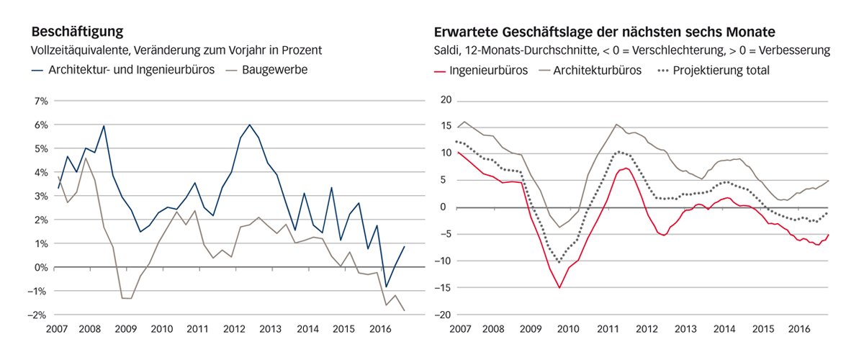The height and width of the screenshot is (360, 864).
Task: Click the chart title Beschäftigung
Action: coord(76,32)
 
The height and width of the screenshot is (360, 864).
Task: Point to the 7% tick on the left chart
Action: coord(40,101)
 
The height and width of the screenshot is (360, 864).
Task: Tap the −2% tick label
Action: coord(39,315)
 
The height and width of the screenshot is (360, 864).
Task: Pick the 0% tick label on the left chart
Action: coord(40,267)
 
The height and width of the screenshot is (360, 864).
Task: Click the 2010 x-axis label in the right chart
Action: coord(568,329)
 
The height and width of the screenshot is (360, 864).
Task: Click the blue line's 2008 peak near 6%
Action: coord(104,126)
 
